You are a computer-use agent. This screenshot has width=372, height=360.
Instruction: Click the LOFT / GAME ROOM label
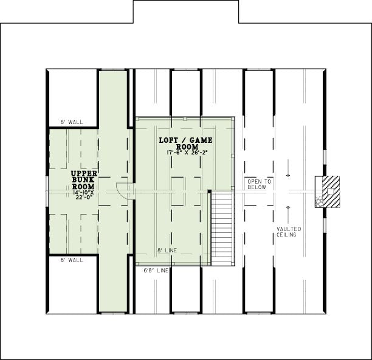point(185,144)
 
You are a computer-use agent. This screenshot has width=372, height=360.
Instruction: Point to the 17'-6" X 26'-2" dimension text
point(187,153)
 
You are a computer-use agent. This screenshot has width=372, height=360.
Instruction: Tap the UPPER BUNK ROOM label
point(84,180)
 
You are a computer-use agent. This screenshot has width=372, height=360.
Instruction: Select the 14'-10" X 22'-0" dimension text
point(84,195)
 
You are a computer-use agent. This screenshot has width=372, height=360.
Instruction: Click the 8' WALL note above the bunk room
point(72,122)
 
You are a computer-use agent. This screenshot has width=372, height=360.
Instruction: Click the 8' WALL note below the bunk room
point(72,260)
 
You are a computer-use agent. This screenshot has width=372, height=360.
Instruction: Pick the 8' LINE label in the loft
point(167,251)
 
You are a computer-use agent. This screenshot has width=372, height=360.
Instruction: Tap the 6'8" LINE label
point(156,270)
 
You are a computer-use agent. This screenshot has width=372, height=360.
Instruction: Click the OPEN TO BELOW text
point(259,184)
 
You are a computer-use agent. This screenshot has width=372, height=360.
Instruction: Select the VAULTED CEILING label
point(289,232)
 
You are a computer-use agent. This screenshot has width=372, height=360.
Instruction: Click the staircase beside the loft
point(222,227)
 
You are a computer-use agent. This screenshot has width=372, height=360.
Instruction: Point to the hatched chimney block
point(331,192)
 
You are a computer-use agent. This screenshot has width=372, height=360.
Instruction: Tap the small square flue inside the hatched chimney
point(330,191)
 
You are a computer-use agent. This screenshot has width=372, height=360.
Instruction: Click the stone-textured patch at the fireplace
point(319,201)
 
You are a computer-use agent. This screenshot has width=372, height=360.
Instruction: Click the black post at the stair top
point(209,192)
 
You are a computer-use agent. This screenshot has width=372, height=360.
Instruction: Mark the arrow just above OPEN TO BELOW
point(288,168)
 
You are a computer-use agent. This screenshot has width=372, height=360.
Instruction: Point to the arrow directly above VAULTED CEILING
point(288,215)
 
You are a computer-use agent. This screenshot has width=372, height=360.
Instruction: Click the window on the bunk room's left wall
point(47,192)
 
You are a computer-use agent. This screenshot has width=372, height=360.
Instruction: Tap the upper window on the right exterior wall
point(325,157)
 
